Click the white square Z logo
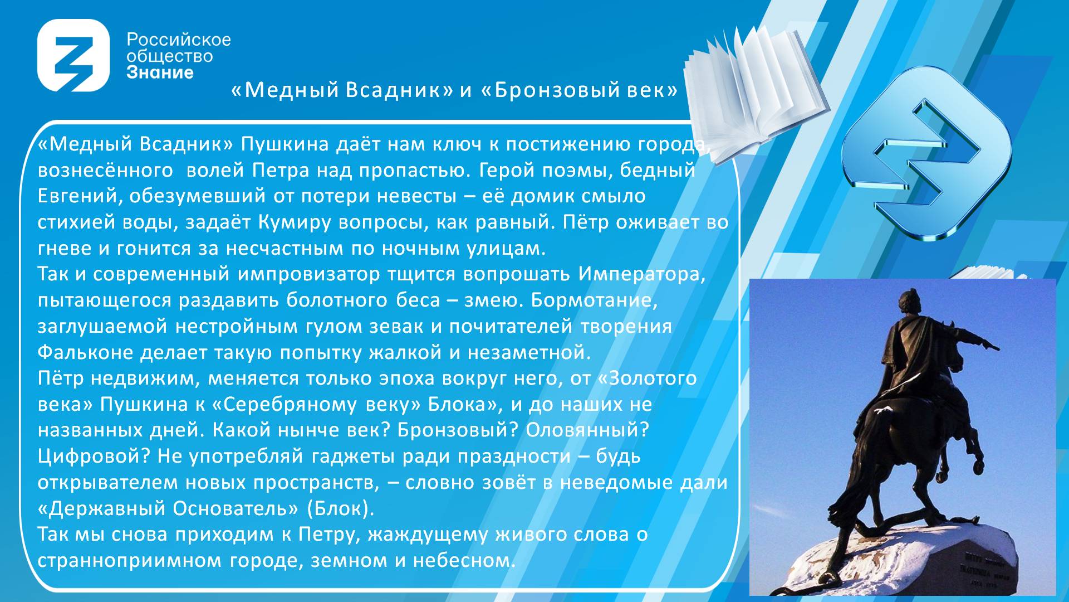[73, 55]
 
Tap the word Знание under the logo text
[160, 72]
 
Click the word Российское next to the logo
[179, 40]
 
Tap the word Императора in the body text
[641, 274]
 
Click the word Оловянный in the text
[587, 430]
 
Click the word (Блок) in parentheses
[341, 508]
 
